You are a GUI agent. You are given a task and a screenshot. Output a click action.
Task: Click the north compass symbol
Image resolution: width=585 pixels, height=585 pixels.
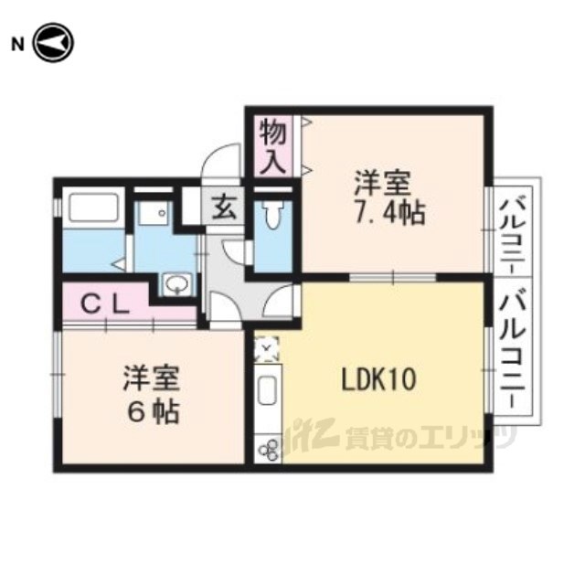tap(54, 43)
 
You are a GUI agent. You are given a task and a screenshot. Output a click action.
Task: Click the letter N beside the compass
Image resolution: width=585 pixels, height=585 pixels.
tap(17, 45)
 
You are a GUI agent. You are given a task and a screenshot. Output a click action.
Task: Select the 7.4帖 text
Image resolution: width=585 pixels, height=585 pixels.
tap(389, 213)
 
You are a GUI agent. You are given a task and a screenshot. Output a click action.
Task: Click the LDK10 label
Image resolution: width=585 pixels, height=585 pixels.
tap(378, 379)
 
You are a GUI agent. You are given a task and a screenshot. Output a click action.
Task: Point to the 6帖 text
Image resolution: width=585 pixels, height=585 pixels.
tap(153, 412)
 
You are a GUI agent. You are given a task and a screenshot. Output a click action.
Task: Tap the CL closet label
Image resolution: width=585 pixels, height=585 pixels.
tap(105, 304)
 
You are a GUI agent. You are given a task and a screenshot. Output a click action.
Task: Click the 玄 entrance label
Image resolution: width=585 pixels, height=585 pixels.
tap(224, 209)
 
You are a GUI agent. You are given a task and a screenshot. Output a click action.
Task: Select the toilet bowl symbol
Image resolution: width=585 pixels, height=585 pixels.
tap(272, 216)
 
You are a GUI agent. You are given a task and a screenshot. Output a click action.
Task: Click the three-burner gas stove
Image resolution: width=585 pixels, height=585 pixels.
tap(269, 450)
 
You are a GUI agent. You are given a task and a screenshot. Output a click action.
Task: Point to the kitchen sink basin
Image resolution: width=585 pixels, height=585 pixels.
tap(267, 390)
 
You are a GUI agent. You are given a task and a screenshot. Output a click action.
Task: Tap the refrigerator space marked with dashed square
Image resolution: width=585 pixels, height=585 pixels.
tap(266, 348)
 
